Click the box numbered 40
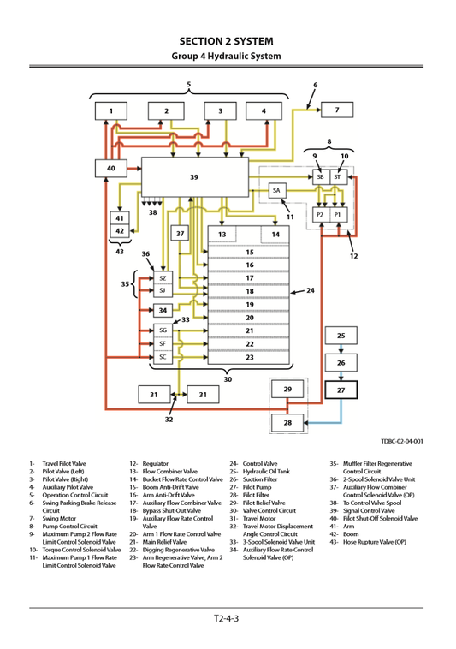pos(110,170)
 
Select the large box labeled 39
pos(194,177)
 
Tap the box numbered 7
pos(337,110)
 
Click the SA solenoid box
pos(276,190)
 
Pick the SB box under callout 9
pos(320,176)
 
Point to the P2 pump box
pos(319,214)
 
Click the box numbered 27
pos(341,390)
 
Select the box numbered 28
pos(287,423)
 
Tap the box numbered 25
pos(341,336)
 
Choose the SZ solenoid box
pos(163,278)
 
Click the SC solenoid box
pos(163,356)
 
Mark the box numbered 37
pos(181,234)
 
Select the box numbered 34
pos(163,310)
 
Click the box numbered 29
pos(287,390)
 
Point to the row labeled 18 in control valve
pos(250,291)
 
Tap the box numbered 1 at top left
pos(111,110)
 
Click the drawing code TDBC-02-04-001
pos(401,442)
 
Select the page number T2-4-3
pos(227,618)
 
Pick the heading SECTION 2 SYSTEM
pos(227,40)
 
